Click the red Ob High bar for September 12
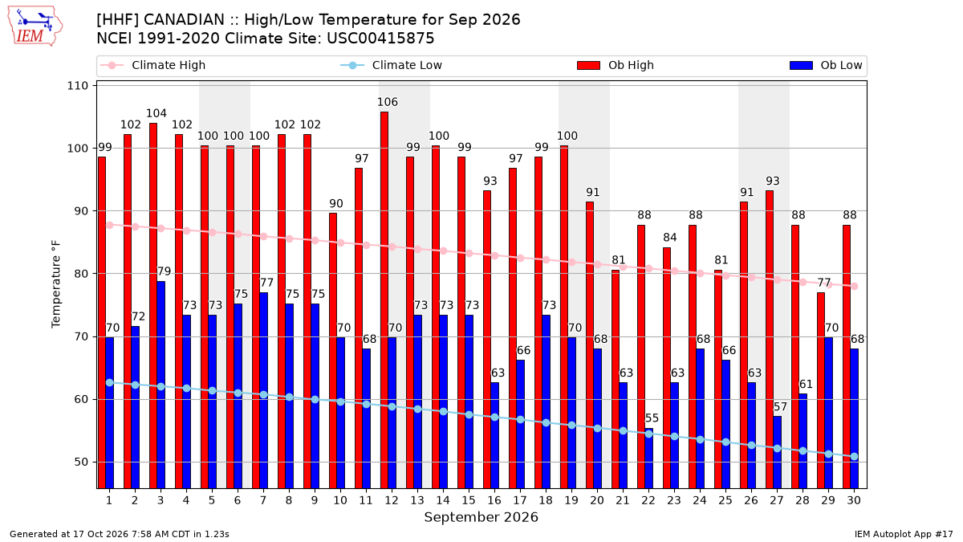coord(384,300)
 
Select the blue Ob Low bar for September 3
coord(160,385)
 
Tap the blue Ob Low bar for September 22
coord(648,458)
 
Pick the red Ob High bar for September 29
coord(821,390)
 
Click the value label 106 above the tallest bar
coord(388,102)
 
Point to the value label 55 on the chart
coord(652,418)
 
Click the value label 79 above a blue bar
coord(164,271)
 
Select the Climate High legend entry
coord(152,65)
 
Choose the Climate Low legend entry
coord(392,65)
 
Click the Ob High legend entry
coord(616,65)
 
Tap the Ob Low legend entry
coord(826,65)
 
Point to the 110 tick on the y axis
coord(77,86)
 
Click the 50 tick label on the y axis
coord(81,462)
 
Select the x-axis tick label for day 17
coord(520,500)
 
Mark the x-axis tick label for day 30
coord(854,500)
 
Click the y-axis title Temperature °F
coord(56,284)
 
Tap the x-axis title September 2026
coord(481,517)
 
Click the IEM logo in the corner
coord(35,26)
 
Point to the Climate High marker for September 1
coord(110,225)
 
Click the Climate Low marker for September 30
coord(854,456)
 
